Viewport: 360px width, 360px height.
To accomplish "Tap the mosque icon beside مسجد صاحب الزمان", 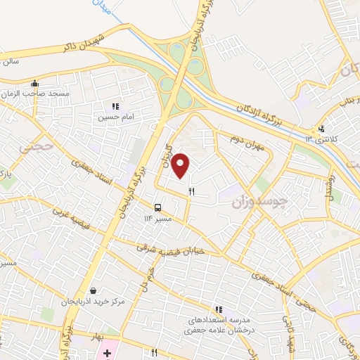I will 34,84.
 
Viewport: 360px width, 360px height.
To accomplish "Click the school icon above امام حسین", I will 115,107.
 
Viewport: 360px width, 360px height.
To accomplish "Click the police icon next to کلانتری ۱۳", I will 321,128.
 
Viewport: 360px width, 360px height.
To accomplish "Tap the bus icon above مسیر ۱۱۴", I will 157,207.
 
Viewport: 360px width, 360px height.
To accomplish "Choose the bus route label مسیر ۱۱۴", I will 157,218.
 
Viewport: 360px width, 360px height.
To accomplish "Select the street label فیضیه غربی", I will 71,219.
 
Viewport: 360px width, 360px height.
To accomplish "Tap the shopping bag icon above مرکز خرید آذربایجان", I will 93,290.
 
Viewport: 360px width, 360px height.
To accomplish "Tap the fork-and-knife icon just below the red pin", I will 191,191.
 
